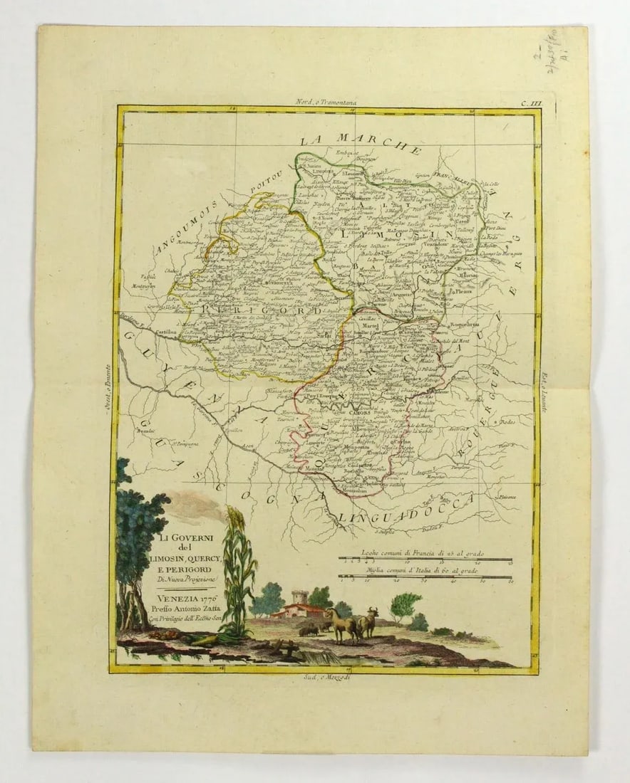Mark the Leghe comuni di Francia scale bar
click(425, 560)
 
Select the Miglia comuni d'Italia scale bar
click(425, 577)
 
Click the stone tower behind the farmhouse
click(298, 596)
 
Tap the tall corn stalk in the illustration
click(237, 569)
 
